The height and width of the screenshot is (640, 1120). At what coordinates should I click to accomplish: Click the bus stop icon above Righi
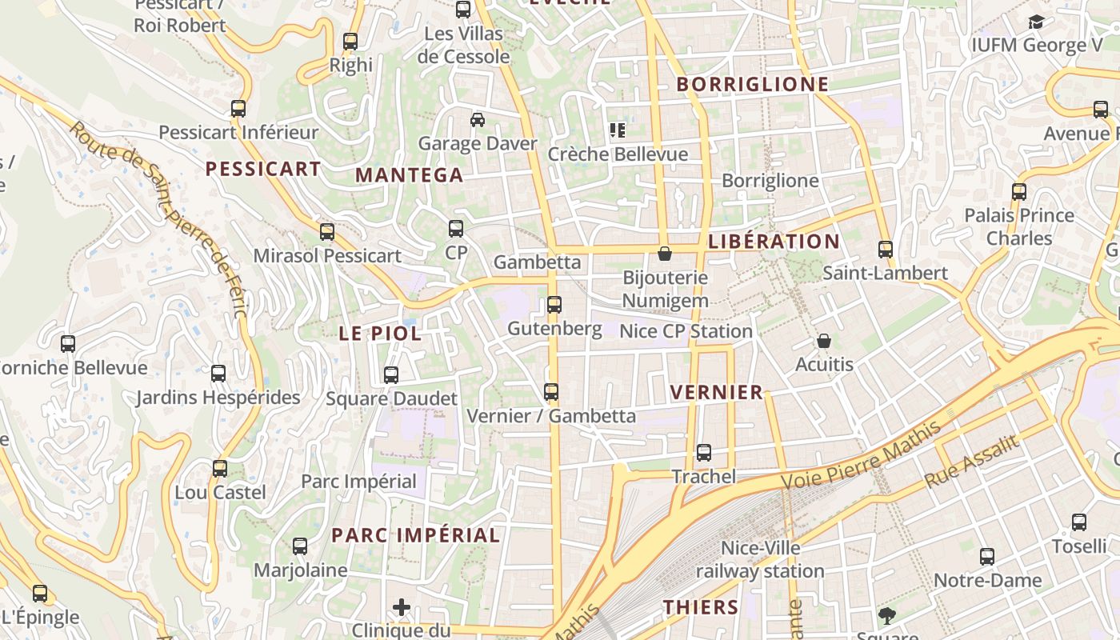click(350, 42)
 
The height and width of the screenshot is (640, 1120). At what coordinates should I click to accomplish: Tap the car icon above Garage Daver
click(478, 120)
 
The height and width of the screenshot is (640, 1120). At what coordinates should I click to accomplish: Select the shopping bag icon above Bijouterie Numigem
click(664, 254)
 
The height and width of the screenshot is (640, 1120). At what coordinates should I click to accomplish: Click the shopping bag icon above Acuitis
click(824, 342)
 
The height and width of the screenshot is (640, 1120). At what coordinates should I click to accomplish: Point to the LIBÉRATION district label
click(774, 242)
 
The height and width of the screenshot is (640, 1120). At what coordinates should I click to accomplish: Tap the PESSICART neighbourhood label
click(263, 169)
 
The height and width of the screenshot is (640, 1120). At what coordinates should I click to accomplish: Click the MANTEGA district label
click(409, 175)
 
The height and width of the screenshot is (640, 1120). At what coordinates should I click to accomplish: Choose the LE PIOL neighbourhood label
click(380, 334)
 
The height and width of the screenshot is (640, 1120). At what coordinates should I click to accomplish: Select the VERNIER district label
click(717, 392)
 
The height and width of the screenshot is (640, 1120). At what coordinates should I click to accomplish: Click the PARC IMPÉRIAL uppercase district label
click(416, 535)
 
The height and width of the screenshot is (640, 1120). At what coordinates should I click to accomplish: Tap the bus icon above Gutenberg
click(554, 305)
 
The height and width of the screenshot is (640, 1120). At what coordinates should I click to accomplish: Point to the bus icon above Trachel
click(704, 453)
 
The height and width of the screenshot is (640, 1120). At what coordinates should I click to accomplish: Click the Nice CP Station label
click(686, 331)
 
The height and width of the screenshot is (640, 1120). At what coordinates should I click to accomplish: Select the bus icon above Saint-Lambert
click(885, 250)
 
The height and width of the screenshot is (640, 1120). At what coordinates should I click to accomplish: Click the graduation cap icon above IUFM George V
click(1037, 22)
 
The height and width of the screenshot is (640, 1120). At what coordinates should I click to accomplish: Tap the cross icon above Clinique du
click(402, 607)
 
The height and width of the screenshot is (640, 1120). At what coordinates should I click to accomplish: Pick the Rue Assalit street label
click(972, 462)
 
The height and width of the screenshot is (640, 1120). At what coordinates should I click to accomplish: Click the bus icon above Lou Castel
click(220, 469)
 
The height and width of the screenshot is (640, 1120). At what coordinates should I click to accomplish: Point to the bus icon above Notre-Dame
click(987, 557)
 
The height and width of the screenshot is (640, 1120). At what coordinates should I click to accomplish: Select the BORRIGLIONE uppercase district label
click(753, 84)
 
